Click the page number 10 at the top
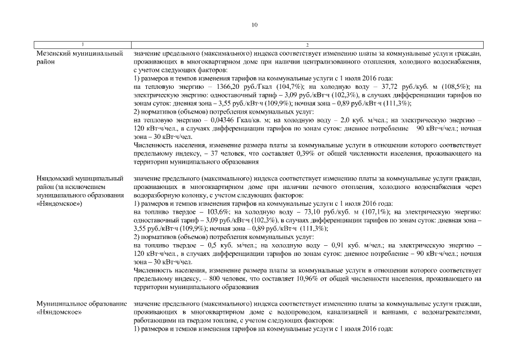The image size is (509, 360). click(x=254, y=25)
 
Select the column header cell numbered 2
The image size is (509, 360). click(x=307, y=44)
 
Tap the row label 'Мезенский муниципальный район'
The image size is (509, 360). click(x=79, y=57)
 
